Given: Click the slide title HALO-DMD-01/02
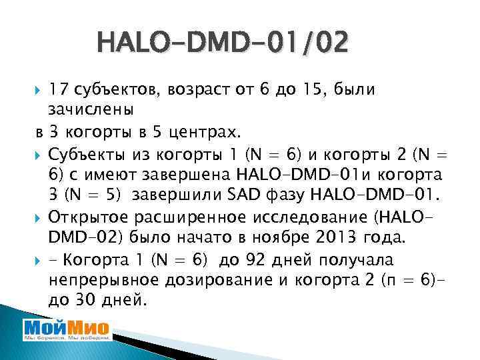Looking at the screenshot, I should tap(222, 44).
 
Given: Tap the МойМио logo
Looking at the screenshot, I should tap(67, 331).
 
